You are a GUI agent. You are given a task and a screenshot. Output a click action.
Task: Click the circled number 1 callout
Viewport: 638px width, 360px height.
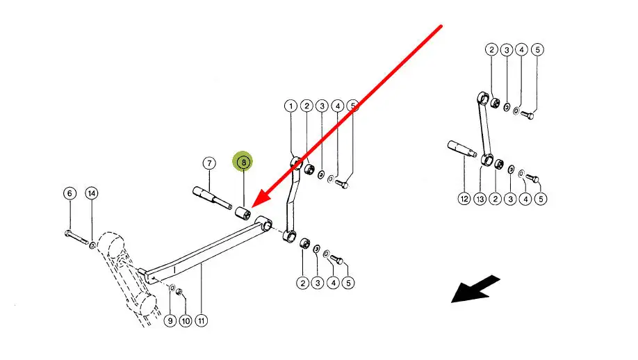(290, 106)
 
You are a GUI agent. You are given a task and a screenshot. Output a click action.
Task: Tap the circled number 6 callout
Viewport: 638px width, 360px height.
(69, 193)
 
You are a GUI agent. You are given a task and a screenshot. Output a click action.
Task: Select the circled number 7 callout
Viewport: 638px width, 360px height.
(209, 163)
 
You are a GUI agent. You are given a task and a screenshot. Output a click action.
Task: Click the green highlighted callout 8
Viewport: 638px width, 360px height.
(243, 163)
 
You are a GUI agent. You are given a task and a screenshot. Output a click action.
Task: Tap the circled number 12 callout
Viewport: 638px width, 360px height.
(464, 199)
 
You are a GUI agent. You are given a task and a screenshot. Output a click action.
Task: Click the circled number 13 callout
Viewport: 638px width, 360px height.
(480, 199)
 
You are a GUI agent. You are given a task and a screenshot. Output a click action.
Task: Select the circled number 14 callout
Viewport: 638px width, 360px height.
(92, 193)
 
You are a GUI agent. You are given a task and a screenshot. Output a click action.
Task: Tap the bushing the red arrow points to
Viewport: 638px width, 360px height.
(243, 213)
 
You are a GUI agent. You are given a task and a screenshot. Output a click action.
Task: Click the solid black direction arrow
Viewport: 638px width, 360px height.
(475, 289)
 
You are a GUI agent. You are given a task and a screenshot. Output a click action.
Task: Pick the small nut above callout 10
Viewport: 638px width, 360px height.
(179, 292)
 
